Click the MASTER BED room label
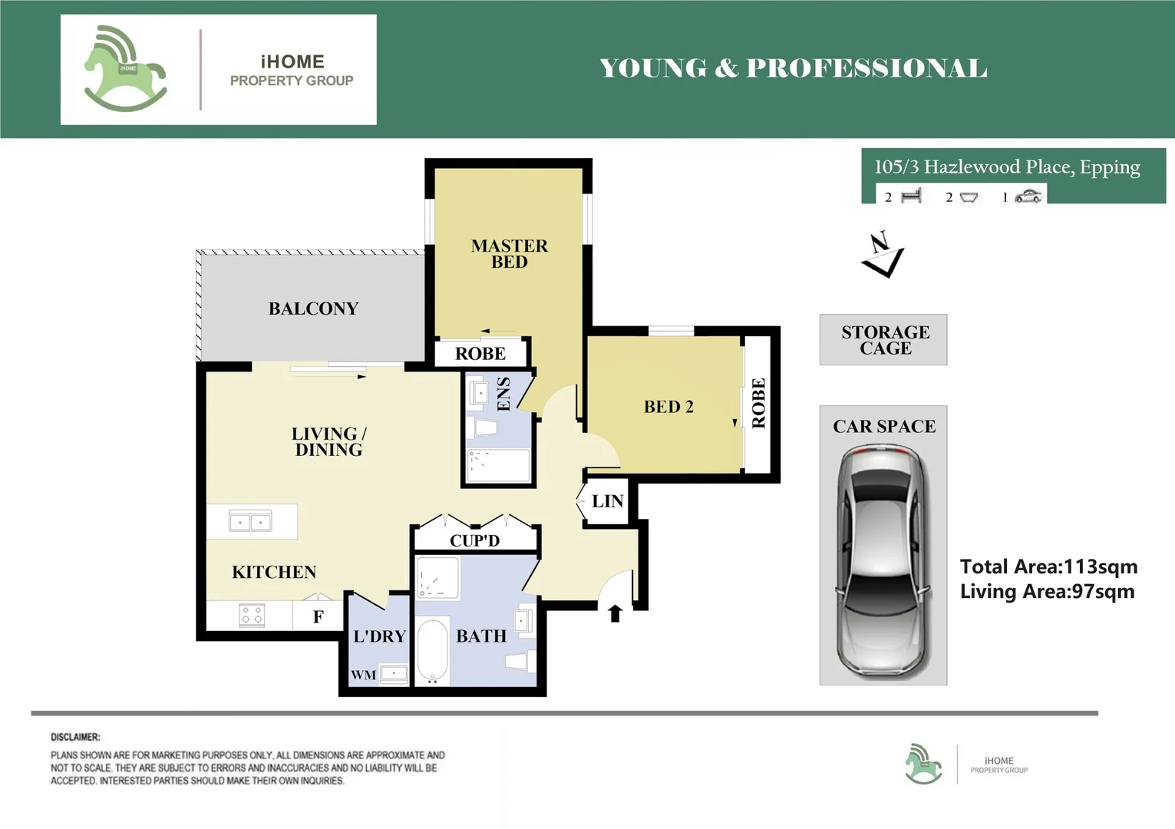click(510, 254)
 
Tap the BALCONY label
click(314, 309)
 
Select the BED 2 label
click(668, 407)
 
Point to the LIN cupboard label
click(607, 501)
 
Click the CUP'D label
click(475, 540)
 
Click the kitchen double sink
click(250, 521)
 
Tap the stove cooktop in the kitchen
click(252, 615)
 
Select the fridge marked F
click(318, 616)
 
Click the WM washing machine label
click(364, 675)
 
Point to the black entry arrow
click(616, 613)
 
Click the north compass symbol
click(883, 254)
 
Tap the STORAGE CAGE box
click(883, 339)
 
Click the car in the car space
click(883, 560)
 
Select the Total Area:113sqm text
click(1048, 566)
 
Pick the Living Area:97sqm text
click(1047, 591)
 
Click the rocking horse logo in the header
click(125, 68)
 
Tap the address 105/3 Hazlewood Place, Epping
click(1007, 167)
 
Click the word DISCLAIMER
click(75, 737)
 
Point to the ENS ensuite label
click(503, 394)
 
